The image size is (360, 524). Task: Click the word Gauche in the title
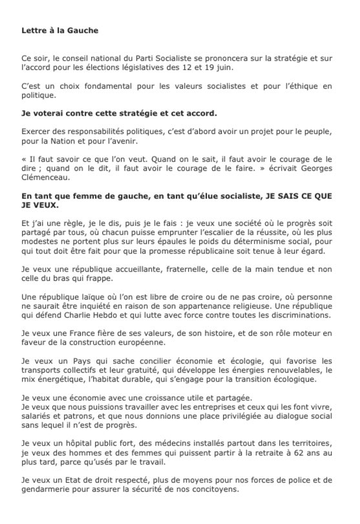pos(81,30)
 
